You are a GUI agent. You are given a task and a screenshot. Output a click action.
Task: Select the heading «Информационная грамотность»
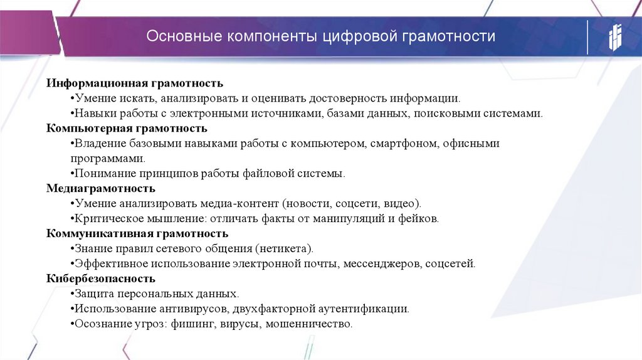[x=135, y=83]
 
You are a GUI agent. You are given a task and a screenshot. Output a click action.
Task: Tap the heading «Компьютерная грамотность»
[x=127, y=129]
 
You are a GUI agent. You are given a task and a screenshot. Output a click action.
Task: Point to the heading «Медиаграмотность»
[x=101, y=188]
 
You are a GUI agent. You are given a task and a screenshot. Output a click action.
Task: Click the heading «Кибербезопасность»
[x=101, y=278]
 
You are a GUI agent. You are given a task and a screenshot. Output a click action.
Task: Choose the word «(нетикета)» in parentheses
[x=284, y=248]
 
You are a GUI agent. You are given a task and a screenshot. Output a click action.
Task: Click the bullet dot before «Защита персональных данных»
[x=73, y=294]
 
